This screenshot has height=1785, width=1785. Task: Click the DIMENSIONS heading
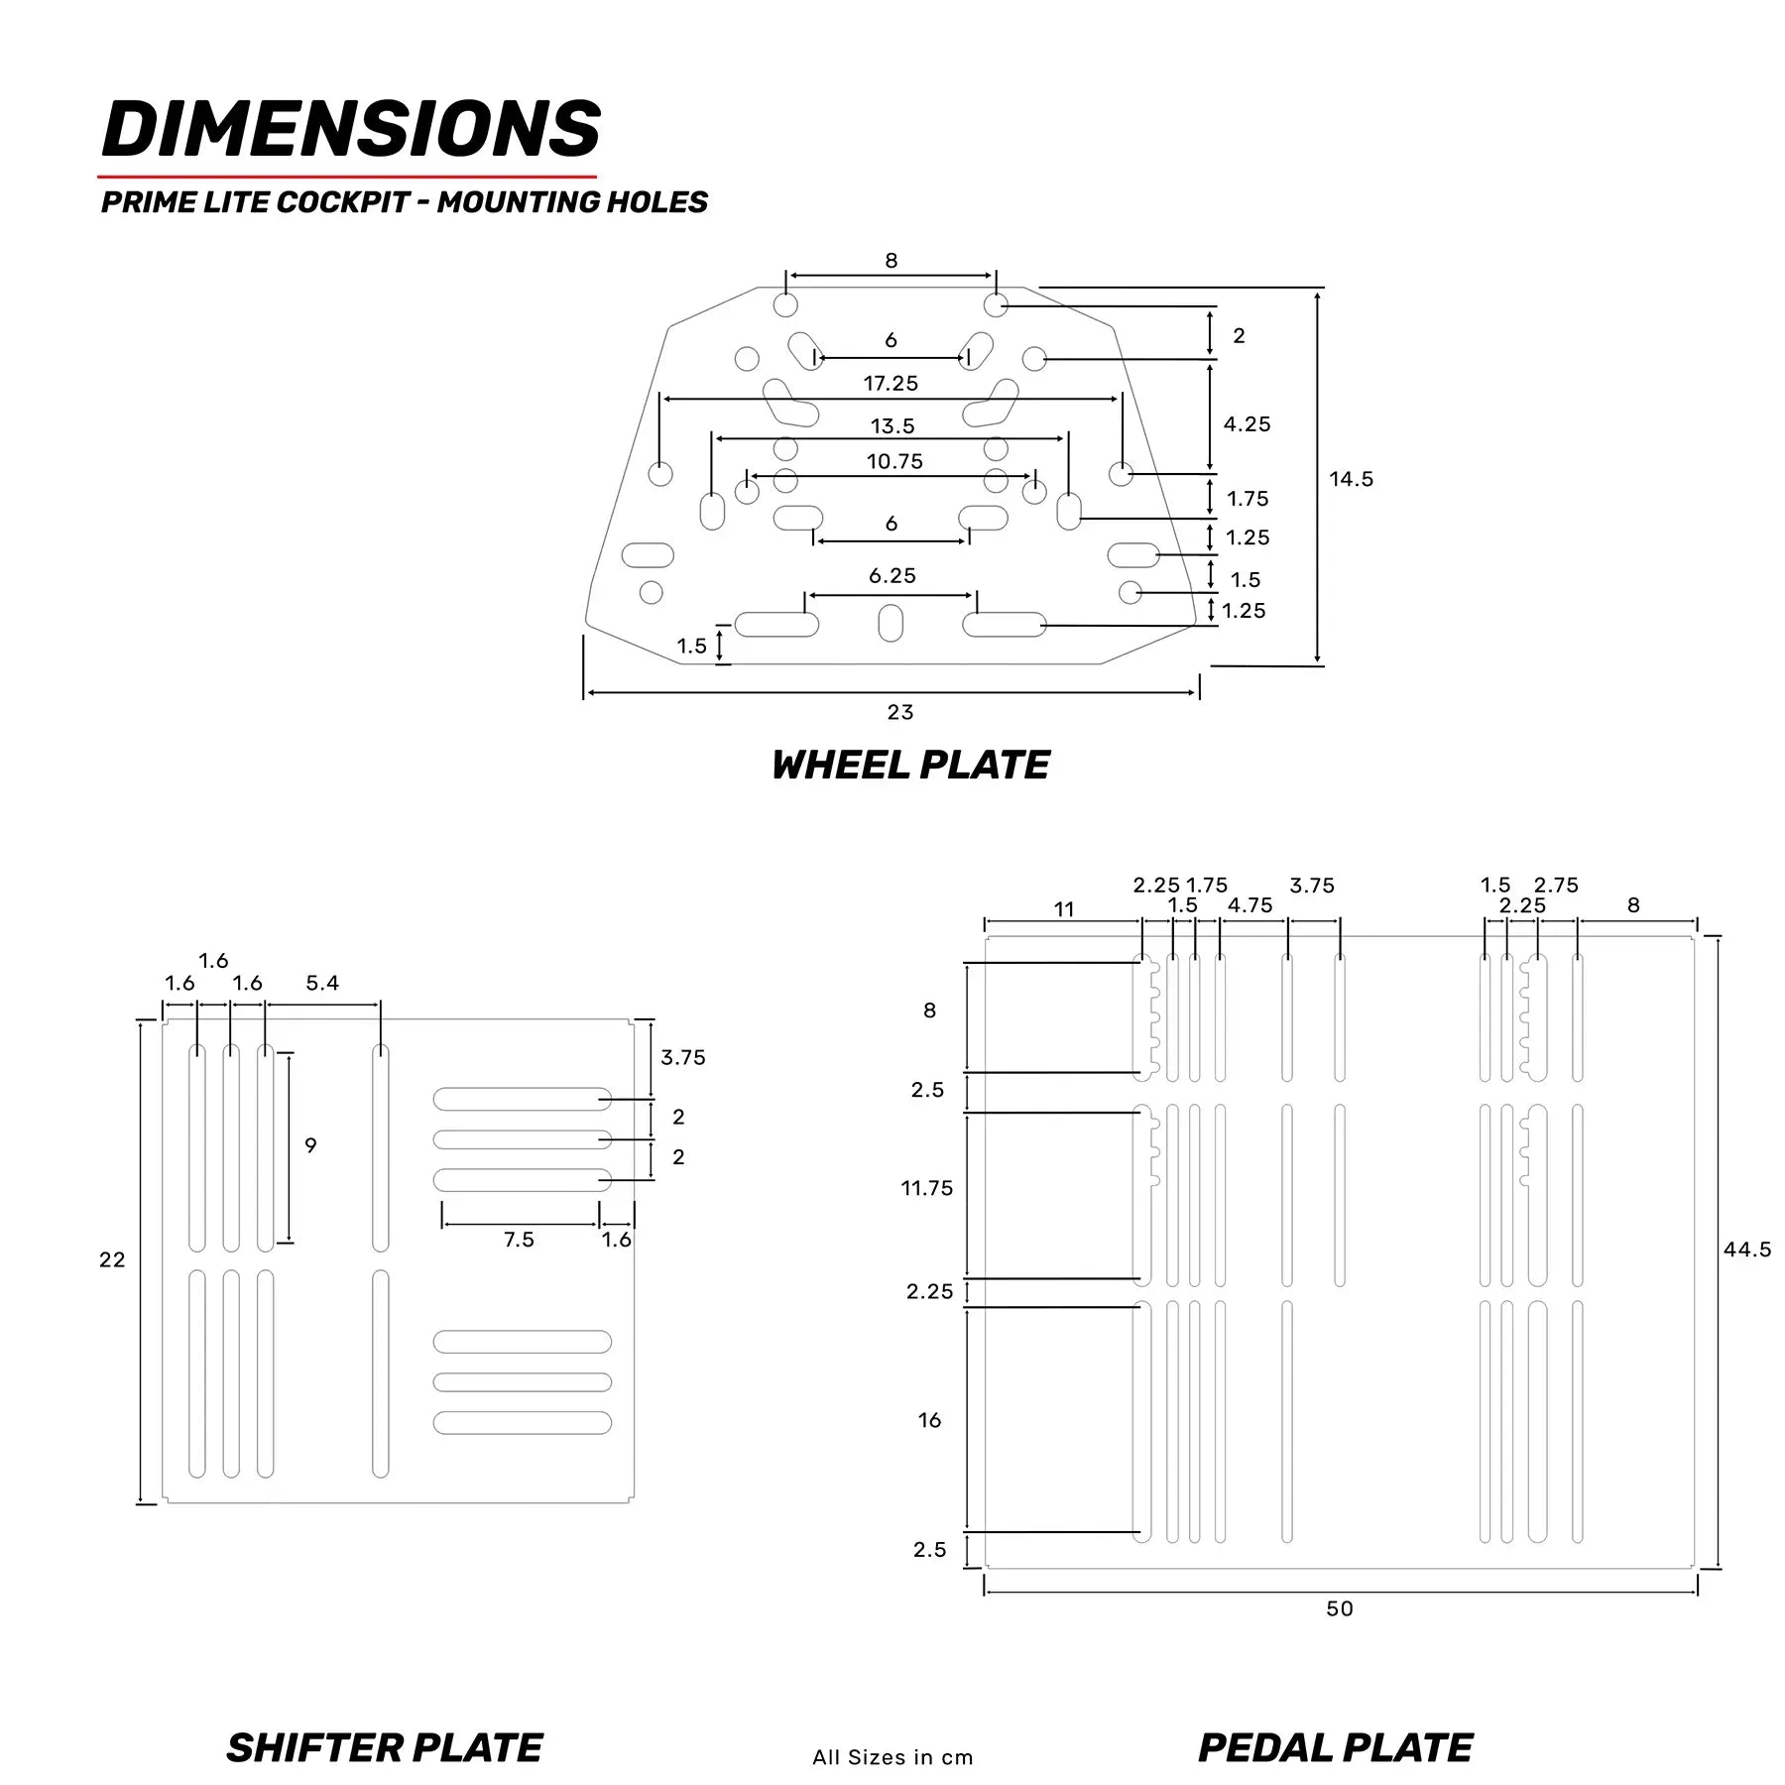[351, 130]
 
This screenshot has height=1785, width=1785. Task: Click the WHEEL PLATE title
[910, 766]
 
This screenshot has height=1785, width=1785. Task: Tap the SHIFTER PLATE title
[385, 1747]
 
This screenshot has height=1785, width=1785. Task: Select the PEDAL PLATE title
[1335, 1747]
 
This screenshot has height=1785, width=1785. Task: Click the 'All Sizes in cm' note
[892, 1757]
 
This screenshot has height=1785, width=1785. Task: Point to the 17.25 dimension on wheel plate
[891, 383]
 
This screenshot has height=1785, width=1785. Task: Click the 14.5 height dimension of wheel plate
[1351, 479]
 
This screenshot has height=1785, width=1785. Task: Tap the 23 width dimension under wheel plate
[899, 712]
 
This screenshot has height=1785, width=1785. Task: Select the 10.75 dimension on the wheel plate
[894, 461]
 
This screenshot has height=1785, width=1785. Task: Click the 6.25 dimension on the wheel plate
[892, 576]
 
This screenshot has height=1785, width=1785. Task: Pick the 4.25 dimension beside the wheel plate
[1247, 424]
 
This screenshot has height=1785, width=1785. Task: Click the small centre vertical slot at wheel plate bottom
[891, 624]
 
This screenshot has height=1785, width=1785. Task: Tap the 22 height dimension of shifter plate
[112, 1259]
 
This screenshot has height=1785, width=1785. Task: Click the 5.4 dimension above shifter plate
[322, 983]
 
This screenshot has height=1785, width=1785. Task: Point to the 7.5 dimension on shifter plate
[519, 1240]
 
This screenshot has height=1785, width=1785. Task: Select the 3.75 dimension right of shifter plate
[683, 1058]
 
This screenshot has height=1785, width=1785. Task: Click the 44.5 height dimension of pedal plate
[1746, 1249]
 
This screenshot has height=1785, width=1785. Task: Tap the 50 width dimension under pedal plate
[1339, 1608]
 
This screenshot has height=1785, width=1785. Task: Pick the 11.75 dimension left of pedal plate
[926, 1188]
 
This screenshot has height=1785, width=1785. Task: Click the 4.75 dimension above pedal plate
[1249, 905]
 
